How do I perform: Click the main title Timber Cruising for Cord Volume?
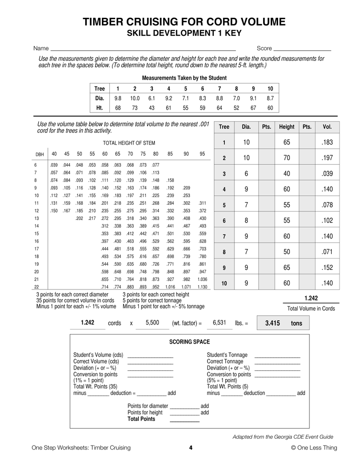pos(184,22)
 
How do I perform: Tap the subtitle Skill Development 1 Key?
pos(184,33)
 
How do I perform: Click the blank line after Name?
pos(142,49)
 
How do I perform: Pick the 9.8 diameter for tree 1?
pos(118,98)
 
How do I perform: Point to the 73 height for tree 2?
pos(135,108)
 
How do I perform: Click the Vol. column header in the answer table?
pos(327,127)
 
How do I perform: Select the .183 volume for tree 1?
pos(327,142)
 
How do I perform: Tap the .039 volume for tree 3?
pos(327,174)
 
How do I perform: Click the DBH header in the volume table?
pos(40,154)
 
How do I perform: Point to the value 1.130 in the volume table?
pos(203,287)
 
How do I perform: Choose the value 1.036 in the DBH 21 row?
pos(203,279)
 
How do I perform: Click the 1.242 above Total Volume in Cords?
pos(311,299)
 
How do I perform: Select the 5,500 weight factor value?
pos(152,323)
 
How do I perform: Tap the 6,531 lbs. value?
pos(219,323)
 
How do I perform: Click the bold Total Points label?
pos(142,419)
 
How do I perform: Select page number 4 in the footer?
pos(191,448)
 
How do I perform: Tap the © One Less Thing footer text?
pos(314,448)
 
